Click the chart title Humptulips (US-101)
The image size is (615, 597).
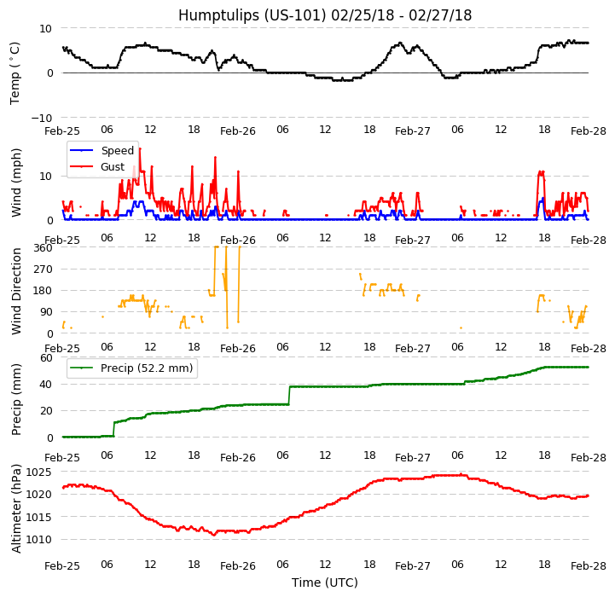point(325,15)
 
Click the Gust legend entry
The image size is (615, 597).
point(113,167)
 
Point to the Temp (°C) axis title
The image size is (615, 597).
point(15,72)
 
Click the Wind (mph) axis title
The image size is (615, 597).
point(16,182)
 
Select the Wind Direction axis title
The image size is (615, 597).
point(16,290)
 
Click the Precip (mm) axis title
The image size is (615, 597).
point(16,397)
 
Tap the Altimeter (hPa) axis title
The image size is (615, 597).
point(16,507)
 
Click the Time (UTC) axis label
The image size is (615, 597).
point(325,583)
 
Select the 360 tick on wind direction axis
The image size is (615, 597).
point(44,247)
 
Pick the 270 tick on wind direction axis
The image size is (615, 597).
point(44,269)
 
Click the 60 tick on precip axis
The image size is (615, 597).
point(47,357)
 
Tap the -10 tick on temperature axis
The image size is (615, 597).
point(43,118)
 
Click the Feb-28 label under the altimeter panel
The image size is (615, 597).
point(588,565)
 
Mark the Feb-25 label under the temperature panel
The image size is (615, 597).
point(62,131)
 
